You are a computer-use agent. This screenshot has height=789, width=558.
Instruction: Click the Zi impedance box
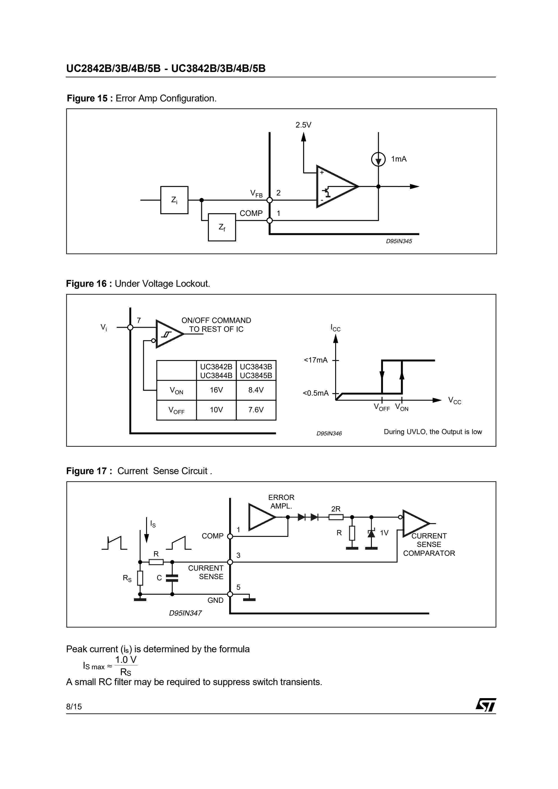(x=174, y=200)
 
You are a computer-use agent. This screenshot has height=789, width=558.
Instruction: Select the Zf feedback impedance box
(x=222, y=227)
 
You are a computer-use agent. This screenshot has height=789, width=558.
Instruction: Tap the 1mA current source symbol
(x=378, y=159)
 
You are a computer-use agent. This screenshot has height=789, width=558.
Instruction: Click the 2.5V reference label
(x=303, y=125)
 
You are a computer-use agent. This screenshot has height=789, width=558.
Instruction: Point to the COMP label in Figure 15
(x=251, y=213)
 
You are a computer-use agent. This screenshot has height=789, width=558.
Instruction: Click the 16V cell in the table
(x=216, y=390)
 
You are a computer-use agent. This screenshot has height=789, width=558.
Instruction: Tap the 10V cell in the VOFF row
(x=216, y=410)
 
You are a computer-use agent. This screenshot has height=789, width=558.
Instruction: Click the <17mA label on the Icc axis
(x=316, y=360)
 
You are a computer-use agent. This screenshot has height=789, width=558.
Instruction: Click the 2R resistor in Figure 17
(x=336, y=517)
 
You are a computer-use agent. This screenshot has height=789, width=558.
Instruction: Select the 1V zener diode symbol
(x=371, y=533)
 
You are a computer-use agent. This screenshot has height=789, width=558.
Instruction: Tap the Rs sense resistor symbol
(x=140, y=578)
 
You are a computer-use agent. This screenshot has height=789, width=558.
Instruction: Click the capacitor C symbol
(x=172, y=578)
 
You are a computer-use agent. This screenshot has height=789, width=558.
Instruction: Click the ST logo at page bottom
(x=486, y=705)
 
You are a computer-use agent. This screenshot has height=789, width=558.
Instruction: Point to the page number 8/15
(x=74, y=706)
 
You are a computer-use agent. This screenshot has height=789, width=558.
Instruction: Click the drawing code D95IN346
(x=329, y=434)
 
